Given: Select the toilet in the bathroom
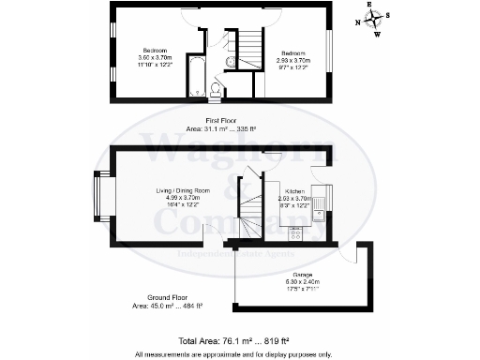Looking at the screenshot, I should (x=215, y=89).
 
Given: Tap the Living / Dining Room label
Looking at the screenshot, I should (x=182, y=198).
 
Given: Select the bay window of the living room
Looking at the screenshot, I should (x=99, y=198).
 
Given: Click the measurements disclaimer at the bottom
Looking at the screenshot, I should (x=232, y=353).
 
